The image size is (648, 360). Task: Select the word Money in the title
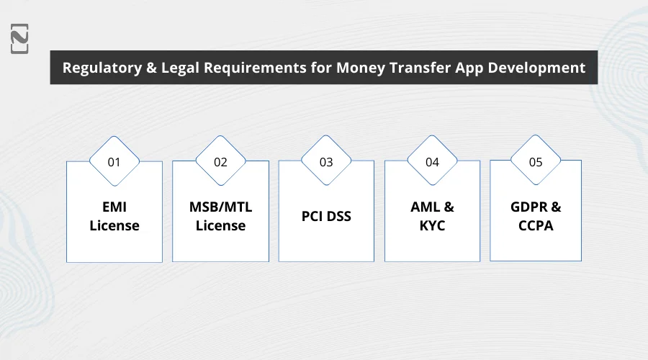(363, 68)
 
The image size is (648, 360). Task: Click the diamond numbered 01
(114, 161)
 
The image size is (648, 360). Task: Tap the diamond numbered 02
(220, 161)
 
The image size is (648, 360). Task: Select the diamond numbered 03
(326, 161)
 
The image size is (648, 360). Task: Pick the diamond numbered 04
(432, 161)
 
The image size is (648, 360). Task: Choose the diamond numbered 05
(536, 161)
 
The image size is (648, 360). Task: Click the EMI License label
(114, 216)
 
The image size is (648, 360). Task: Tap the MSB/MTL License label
(220, 216)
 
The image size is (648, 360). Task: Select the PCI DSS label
(326, 216)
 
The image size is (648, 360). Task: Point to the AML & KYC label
(432, 216)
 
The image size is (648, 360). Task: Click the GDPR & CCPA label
(536, 216)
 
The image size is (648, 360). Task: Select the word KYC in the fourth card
(432, 225)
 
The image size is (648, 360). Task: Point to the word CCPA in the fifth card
(536, 225)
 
